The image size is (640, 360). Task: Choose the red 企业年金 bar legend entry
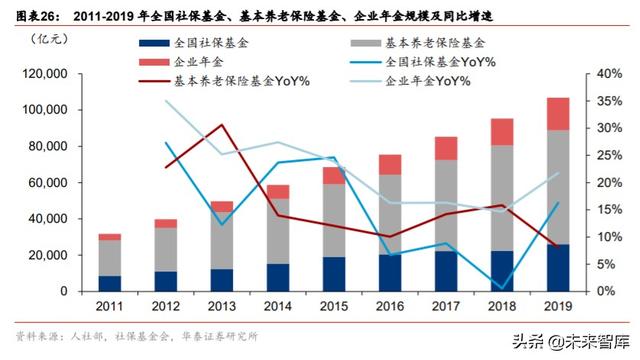(x=181, y=62)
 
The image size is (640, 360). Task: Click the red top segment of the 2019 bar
(x=558, y=113)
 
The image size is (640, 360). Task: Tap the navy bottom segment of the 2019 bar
(x=558, y=268)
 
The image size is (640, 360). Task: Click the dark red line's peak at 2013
(x=221, y=125)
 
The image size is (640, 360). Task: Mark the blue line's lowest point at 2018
(x=502, y=288)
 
